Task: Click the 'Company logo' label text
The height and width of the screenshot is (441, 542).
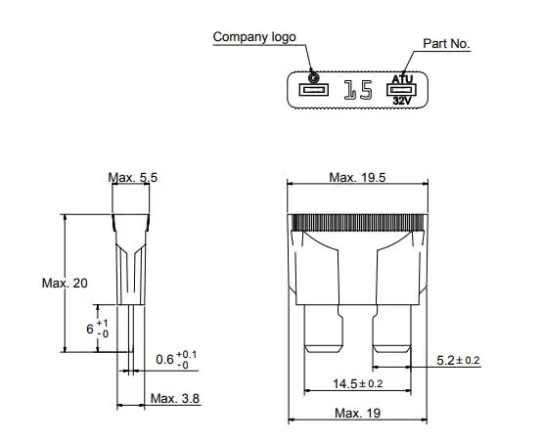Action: pos(254,37)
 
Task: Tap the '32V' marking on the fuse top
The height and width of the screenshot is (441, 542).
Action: pos(402,101)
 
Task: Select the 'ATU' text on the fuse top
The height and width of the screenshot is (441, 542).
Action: pos(402,78)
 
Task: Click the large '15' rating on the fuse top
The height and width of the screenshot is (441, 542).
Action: pos(358,91)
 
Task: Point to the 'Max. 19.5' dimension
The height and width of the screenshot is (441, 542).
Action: pos(356,177)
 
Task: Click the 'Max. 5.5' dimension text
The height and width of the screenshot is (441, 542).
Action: pos(133,177)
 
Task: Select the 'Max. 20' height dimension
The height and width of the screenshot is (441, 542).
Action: pos(64,283)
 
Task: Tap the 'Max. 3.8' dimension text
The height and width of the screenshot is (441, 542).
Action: pos(176,399)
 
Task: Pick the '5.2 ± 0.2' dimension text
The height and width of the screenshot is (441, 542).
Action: pos(459,361)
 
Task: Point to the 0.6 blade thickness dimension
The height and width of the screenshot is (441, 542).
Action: pos(175,359)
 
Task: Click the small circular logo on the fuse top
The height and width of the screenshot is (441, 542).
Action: pos(313,77)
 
